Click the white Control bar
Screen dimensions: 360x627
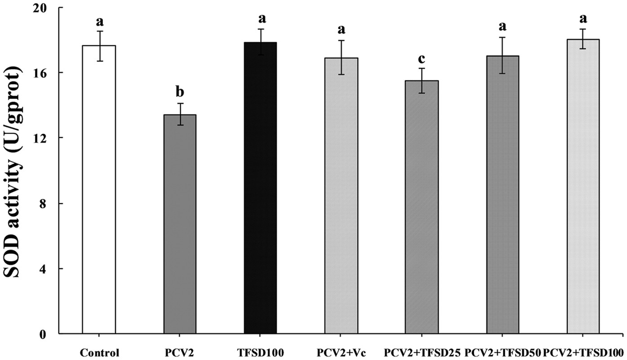[99, 189]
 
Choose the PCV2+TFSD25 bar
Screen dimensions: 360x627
[422, 207]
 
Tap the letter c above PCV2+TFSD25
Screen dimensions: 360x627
[422, 59]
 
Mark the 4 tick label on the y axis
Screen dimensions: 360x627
[50, 269]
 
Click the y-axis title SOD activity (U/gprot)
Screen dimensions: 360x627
[15, 171]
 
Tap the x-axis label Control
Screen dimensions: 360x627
[99, 352]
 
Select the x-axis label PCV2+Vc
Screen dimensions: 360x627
[341, 352]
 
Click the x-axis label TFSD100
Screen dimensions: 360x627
[260, 352]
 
